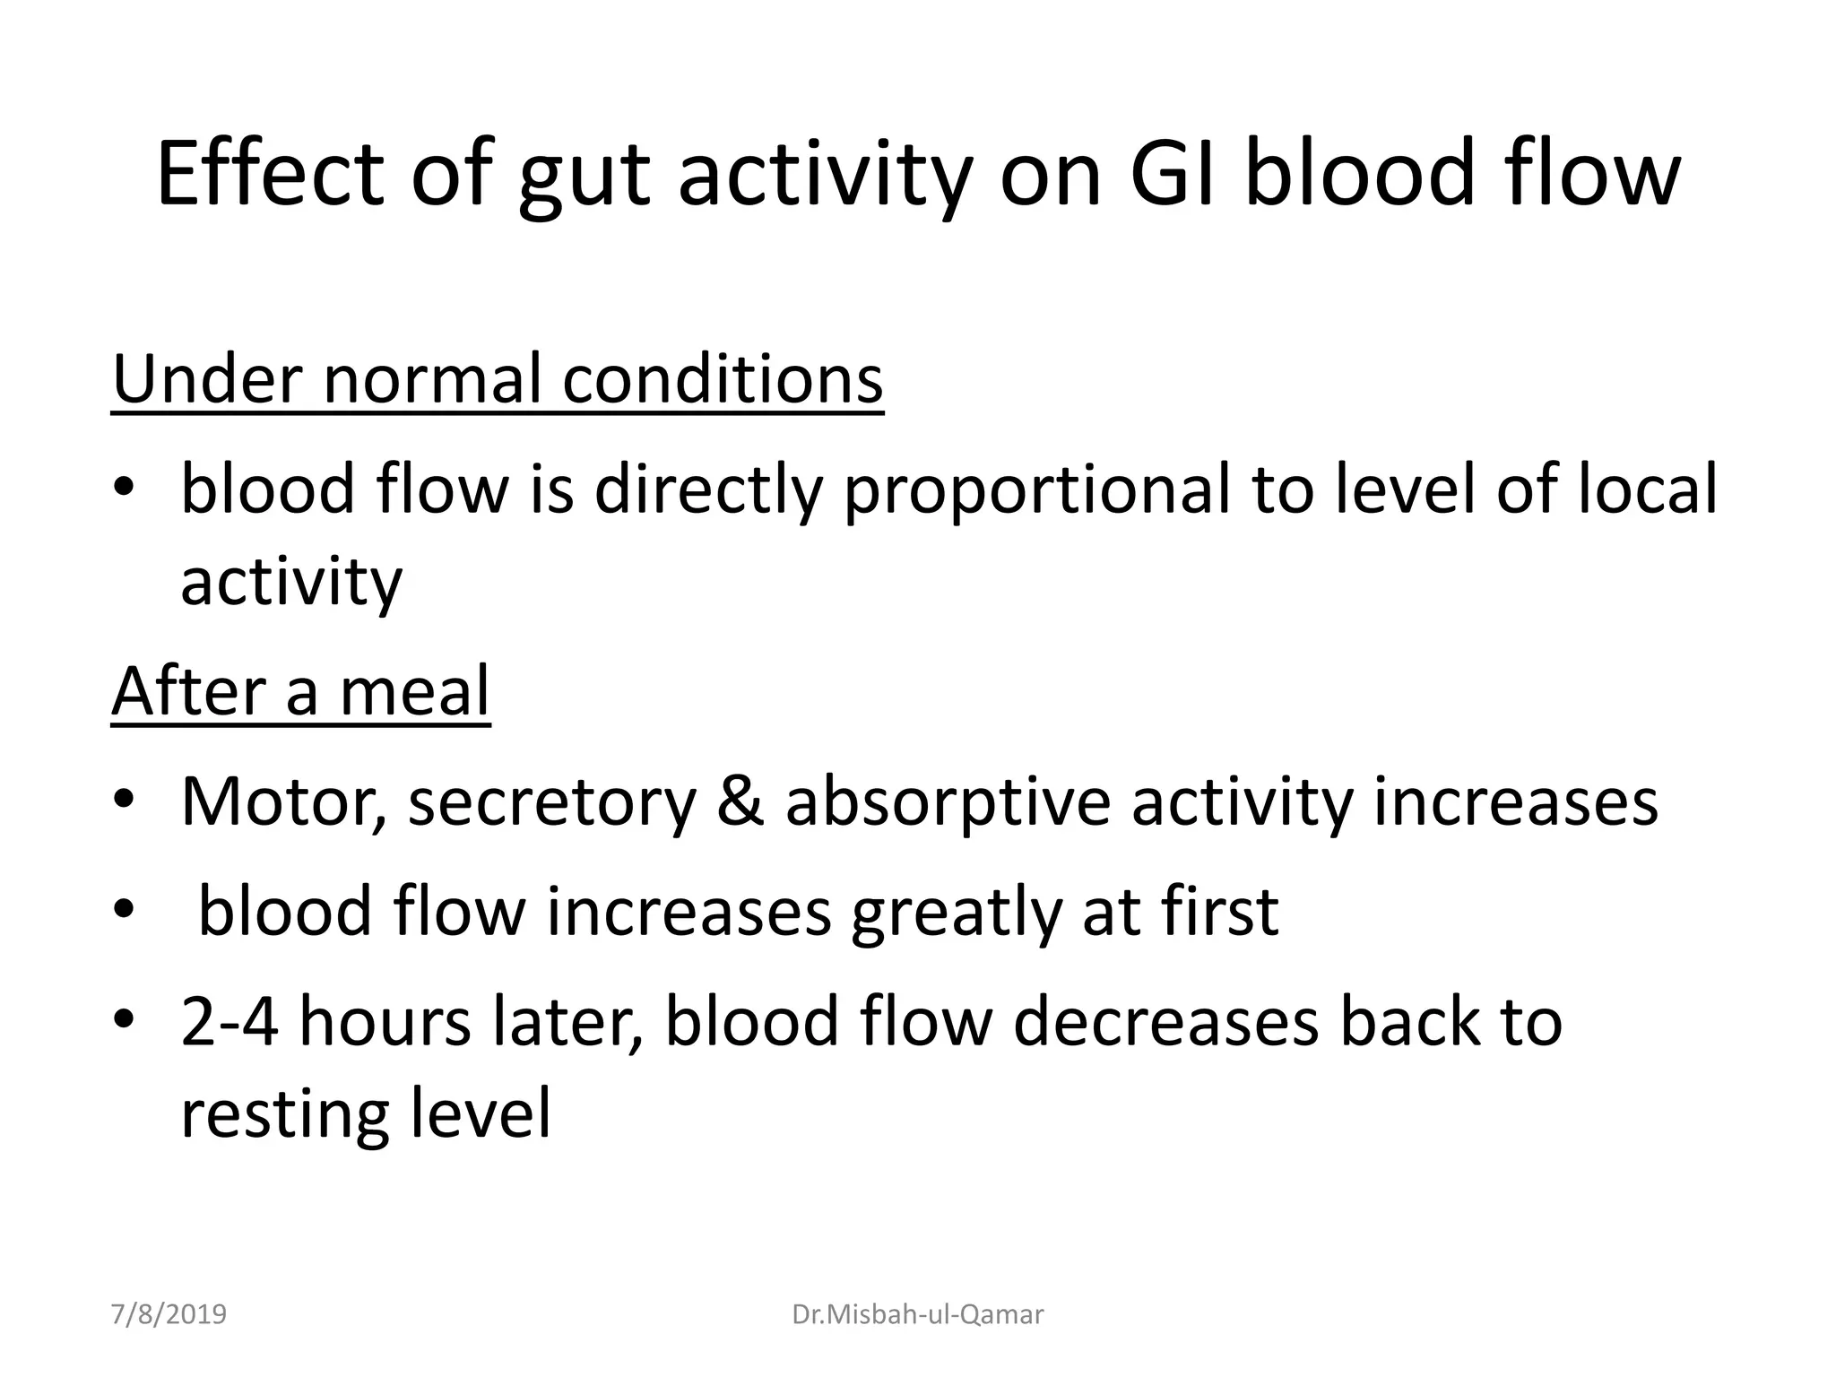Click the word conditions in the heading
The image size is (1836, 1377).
723,379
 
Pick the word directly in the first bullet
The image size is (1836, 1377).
708,490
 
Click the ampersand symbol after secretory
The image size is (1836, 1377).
740,801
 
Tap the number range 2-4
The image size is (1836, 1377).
229,1022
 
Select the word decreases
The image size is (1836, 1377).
1165,1022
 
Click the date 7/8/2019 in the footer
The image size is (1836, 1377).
169,1315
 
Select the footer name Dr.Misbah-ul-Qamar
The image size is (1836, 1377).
918,1315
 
